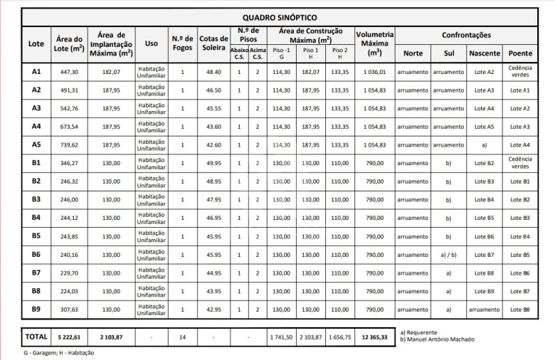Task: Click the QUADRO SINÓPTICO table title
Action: pos(280,17)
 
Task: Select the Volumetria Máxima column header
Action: pos(374,43)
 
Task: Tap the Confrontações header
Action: pos(466,34)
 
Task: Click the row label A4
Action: pos(36,127)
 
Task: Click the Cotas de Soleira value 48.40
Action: pos(213,72)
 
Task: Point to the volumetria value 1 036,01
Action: pos(374,72)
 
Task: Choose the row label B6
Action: pos(36,254)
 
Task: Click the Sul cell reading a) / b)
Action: pos(448,254)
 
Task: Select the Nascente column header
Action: pos(485,53)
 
